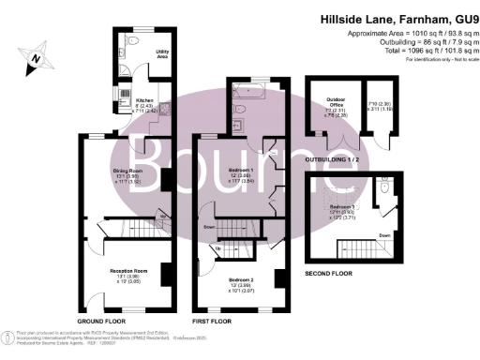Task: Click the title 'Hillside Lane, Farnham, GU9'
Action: point(397,17)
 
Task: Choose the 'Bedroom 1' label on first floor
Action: point(242,172)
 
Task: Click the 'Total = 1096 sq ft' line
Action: point(419,50)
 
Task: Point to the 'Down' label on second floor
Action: point(383,235)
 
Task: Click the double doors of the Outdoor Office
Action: point(351,142)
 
